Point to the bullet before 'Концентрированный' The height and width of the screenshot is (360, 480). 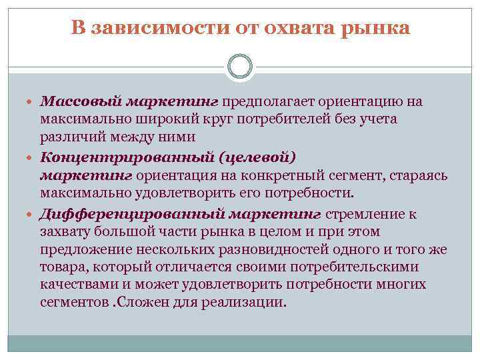[x=31, y=158]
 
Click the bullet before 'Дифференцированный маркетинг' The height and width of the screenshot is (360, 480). [x=31, y=214]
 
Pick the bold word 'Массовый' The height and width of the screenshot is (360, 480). [x=73, y=101]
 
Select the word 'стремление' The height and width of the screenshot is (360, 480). [x=362, y=213]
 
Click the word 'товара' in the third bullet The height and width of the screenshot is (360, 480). [x=61, y=267]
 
